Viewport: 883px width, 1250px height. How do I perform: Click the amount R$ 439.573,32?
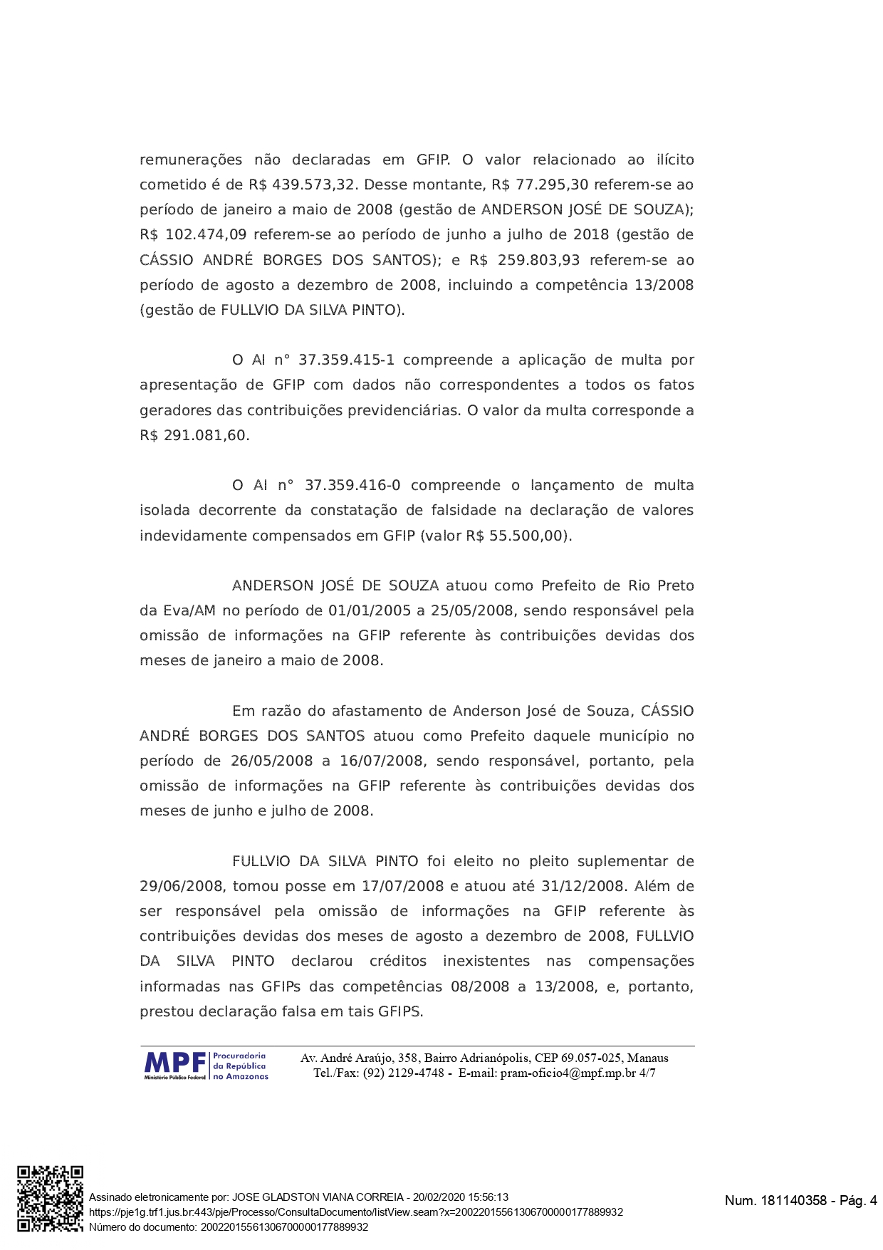[301, 185]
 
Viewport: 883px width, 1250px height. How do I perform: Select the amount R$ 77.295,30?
[540, 185]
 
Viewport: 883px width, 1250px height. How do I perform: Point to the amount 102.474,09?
[206, 235]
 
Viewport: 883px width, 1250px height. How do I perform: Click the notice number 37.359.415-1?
[346, 360]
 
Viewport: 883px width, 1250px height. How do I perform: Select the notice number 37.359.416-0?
[352, 486]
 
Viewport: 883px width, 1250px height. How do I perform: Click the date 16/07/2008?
[381, 761]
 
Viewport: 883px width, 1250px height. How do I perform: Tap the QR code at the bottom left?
[50, 1199]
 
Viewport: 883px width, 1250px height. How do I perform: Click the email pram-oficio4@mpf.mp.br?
[568, 1073]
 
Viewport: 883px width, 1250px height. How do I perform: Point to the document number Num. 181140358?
[775, 1201]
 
